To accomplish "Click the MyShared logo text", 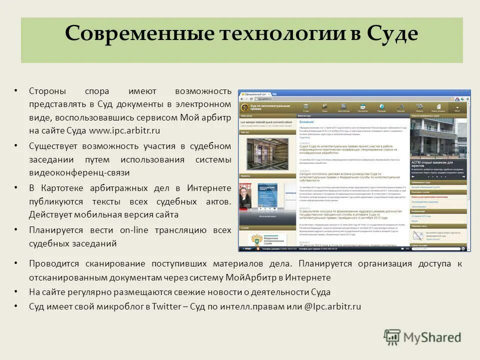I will [x=432, y=337].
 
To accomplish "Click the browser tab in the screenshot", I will [x=256, y=93].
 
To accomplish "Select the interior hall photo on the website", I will [x=267, y=154].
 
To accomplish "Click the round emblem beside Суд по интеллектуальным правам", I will [x=244, y=107].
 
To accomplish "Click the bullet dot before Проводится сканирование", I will [x=15, y=263].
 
